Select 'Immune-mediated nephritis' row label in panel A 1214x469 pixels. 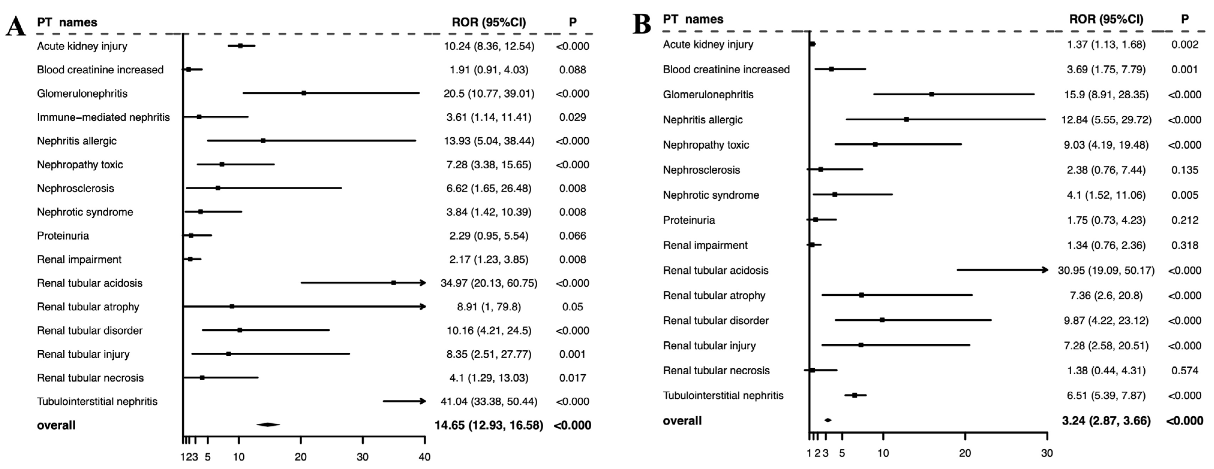point(103,117)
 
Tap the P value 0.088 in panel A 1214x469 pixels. point(573,70)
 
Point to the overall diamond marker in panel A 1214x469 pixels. point(268,425)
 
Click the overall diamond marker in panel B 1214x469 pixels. point(828,420)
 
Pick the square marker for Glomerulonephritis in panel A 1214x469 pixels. point(304,93)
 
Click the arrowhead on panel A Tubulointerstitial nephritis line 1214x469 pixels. point(423,401)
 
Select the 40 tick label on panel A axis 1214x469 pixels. point(425,457)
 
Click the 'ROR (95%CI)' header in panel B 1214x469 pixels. point(1106,19)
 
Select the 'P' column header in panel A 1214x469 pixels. point(573,22)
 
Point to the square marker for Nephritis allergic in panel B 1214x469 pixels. point(906,119)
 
